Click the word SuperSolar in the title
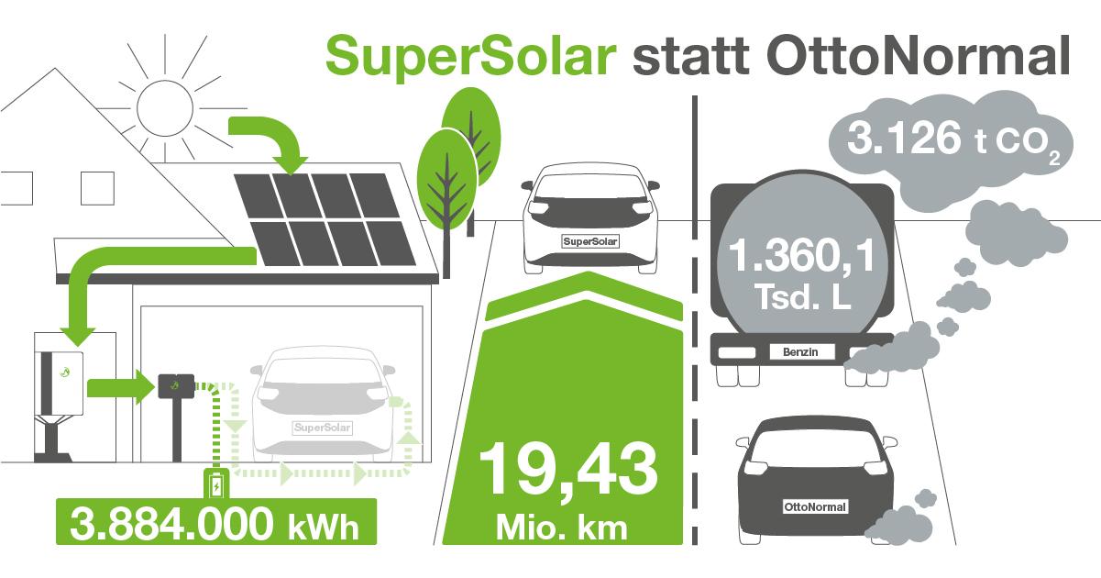470,58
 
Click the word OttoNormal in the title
918,55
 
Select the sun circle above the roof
165,107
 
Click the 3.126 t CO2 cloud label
953,140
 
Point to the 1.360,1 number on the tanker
801,255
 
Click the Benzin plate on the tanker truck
800,352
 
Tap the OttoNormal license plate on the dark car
815,507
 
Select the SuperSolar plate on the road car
589,241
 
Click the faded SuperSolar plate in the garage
323,428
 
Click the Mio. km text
562,528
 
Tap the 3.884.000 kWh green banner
216,522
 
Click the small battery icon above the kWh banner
216,484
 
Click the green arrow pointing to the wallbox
121,388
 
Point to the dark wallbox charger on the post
176,386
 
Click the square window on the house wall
97,188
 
